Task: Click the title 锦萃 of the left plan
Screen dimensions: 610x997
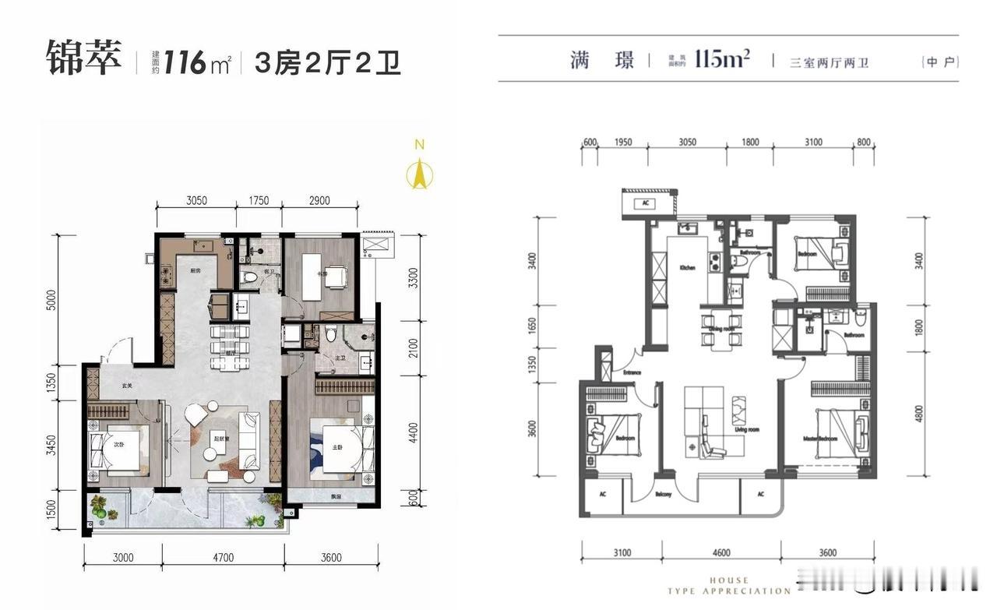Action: pos(84,60)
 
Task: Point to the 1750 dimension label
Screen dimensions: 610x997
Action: pos(259,200)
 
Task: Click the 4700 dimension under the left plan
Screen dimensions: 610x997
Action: pos(223,557)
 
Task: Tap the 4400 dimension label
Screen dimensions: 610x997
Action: pos(413,431)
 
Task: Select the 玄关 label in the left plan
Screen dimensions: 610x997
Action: pos(127,386)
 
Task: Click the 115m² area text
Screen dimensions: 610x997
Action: pos(722,58)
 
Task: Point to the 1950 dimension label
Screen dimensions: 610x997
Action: pos(622,143)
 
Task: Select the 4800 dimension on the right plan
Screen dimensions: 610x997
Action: pos(920,411)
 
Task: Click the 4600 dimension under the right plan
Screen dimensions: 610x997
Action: pos(721,553)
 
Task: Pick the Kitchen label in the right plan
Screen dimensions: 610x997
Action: pos(687,267)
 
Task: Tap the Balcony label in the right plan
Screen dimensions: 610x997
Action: pos(662,493)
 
